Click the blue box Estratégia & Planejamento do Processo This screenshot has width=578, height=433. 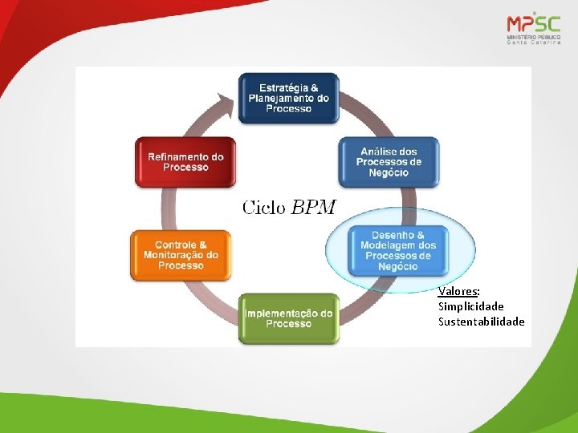[289, 98]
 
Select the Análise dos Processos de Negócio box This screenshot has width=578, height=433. [389, 162]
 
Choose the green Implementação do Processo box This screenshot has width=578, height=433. [289, 318]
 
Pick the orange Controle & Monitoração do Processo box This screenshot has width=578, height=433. [181, 255]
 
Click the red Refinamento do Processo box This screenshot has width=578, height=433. [185, 162]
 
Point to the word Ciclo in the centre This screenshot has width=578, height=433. [264, 208]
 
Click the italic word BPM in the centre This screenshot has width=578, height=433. [313, 208]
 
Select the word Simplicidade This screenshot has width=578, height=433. [471, 306]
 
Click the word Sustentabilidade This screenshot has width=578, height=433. [481, 322]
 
